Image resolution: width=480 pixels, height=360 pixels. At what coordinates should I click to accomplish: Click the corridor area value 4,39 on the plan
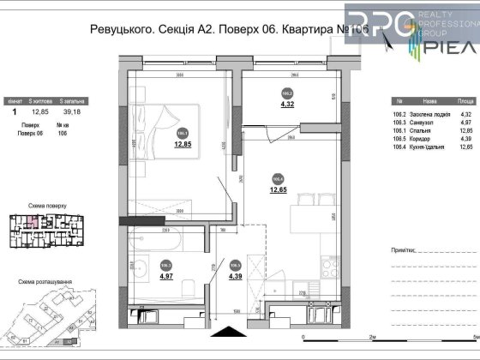click(x=235, y=276)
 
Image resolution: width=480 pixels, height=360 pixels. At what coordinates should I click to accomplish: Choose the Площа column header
click(x=465, y=99)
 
